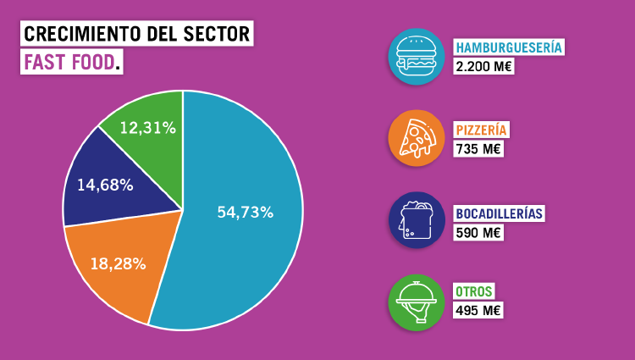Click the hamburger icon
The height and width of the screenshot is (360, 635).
(x=416, y=56)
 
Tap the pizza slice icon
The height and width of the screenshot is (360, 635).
(x=416, y=138)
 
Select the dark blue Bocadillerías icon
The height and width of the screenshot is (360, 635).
(x=416, y=220)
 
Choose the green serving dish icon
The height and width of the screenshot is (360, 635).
(x=416, y=302)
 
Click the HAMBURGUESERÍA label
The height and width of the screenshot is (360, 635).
(x=509, y=47)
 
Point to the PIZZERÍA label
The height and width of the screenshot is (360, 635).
(x=481, y=130)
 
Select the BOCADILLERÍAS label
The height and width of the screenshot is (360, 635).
(x=499, y=213)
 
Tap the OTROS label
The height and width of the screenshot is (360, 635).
(x=474, y=291)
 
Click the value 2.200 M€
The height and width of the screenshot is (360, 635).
(x=483, y=66)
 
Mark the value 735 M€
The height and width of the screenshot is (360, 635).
(x=478, y=149)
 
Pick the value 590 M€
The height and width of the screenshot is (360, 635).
(x=478, y=232)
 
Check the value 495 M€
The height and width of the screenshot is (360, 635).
(x=478, y=311)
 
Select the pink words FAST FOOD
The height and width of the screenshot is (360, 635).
(x=69, y=63)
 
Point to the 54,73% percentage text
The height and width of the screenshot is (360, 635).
(x=245, y=213)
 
